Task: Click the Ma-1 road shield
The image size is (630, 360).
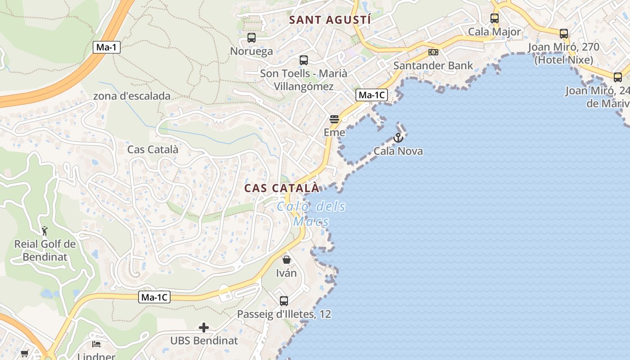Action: [107, 47]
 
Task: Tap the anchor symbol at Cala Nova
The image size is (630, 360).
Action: [398, 138]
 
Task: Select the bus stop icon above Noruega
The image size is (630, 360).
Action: [252, 38]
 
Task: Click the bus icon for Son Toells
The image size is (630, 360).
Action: [304, 60]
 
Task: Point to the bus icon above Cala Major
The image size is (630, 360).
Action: [495, 18]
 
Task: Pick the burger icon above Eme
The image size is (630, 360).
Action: [334, 119]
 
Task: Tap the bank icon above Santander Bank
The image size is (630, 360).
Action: [433, 52]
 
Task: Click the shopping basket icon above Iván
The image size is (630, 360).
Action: [286, 260]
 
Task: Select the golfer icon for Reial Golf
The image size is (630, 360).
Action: [45, 231]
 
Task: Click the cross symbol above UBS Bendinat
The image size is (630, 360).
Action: [204, 328]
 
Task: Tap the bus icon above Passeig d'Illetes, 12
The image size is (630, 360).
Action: [284, 301]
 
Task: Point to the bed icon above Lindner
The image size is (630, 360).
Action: [96, 344]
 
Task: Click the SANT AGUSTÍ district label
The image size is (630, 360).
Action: [330, 20]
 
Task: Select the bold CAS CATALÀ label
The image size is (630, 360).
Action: [282, 188]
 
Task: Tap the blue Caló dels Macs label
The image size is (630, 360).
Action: [311, 214]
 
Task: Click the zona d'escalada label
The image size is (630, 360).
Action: [132, 96]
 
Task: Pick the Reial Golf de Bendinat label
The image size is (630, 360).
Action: [45, 251]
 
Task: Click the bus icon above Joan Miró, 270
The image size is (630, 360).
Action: [564, 33]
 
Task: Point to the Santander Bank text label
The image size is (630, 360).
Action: [433, 66]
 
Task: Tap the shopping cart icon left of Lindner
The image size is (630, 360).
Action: [25, 354]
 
